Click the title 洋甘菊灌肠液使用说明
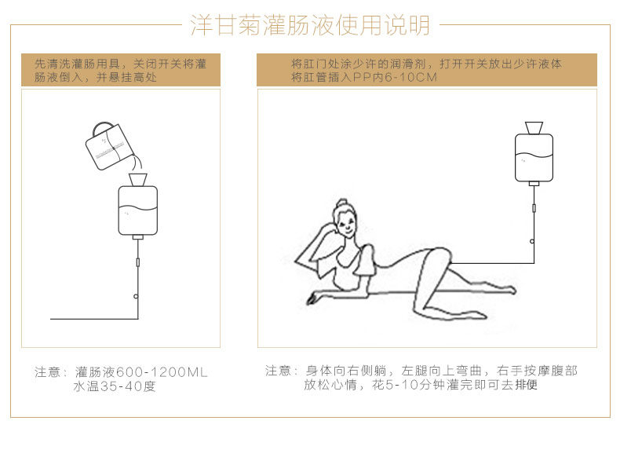tap(310, 25)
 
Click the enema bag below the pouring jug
tap(137, 209)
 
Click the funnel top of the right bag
tap(533, 126)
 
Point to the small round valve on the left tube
tap(137, 296)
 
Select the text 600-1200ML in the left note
tap(167, 372)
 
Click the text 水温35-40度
tap(115, 387)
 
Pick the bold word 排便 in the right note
tap(525, 386)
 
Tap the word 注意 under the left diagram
tap(49, 372)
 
